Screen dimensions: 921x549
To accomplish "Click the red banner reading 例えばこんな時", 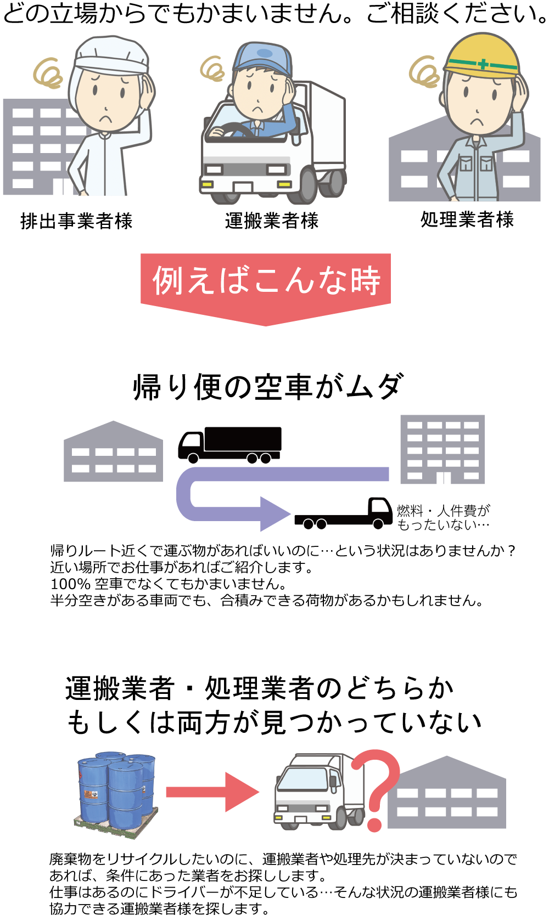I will pos(266,281).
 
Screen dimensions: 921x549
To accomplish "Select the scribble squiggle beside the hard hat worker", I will pos(424,71).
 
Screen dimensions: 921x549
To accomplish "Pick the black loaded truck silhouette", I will pos(231,443).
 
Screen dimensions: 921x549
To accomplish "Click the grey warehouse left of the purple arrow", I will pos(113,453).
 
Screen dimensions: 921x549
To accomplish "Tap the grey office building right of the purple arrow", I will pos(442,449).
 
